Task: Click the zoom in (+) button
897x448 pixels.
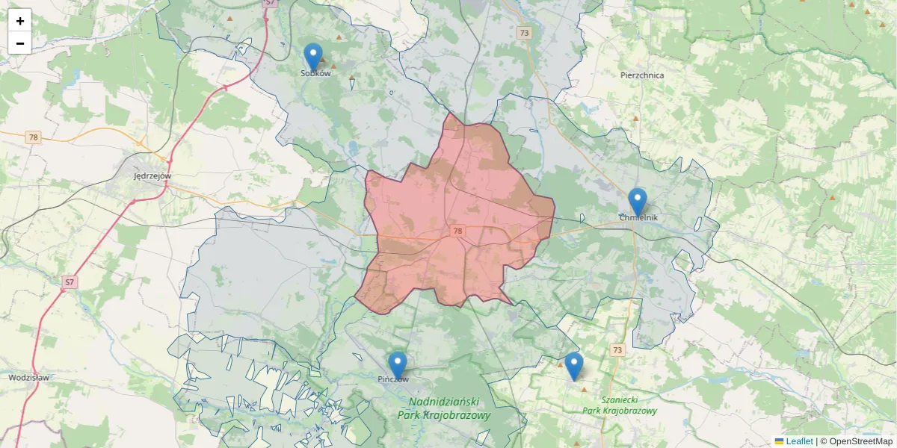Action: pyautogui.click(x=20, y=21)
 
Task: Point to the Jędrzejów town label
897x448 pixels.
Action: pyautogui.click(x=152, y=176)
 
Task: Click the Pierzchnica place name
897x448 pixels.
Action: pyautogui.click(x=642, y=75)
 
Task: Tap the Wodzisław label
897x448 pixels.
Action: pyautogui.click(x=29, y=378)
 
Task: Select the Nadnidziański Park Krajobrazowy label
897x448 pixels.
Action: pyautogui.click(x=444, y=408)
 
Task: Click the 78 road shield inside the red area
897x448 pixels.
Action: pyautogui.click(x=457, y=232)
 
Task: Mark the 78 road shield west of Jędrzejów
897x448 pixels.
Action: pyautogui.click(x=33, y=137)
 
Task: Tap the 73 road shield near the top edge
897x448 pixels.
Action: pyautogui.click(x=524, y=33)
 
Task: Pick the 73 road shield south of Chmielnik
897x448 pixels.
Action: pyautogui.click(x=617, y=349)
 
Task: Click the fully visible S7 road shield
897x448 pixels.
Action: pyautogui.click(x=69, y=282)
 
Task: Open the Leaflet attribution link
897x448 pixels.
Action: pyautogui.click(x=799, y=441)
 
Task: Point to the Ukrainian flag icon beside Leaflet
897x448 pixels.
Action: pyautogui.click(x=779, y=441)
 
